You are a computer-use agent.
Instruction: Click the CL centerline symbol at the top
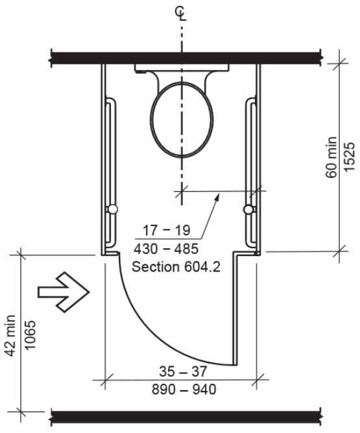181,14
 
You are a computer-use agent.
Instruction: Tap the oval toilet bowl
182,119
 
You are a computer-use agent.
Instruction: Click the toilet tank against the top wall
182,68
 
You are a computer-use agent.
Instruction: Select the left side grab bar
111,172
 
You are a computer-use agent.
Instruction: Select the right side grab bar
250,172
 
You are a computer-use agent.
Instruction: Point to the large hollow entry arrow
64,292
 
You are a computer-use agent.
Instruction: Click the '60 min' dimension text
331,157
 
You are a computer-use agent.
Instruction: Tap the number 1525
349,157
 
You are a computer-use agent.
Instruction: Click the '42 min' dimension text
10,335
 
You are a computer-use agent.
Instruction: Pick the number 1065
30,335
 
